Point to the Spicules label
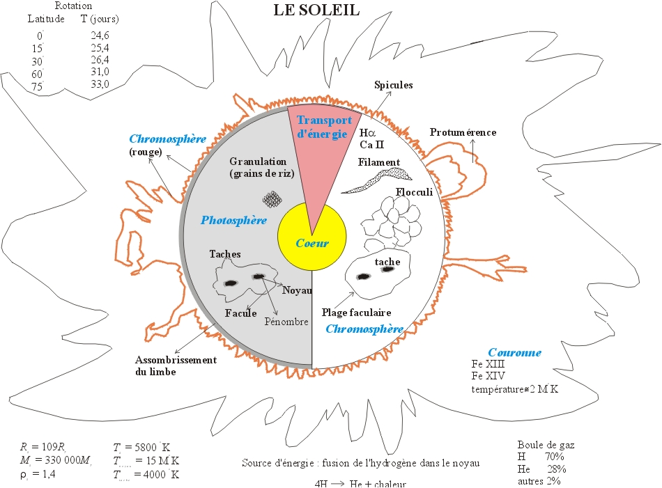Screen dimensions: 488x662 (394, 85)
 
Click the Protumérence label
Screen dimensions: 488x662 (463, 132)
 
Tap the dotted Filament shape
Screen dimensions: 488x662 (377, 180)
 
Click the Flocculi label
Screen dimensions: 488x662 (415, 192)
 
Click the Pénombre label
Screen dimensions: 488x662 (285, 322)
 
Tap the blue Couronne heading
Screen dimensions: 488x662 (514, 352)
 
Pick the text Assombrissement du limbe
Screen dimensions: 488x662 (176, 365)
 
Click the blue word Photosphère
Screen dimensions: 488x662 (233, 220)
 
